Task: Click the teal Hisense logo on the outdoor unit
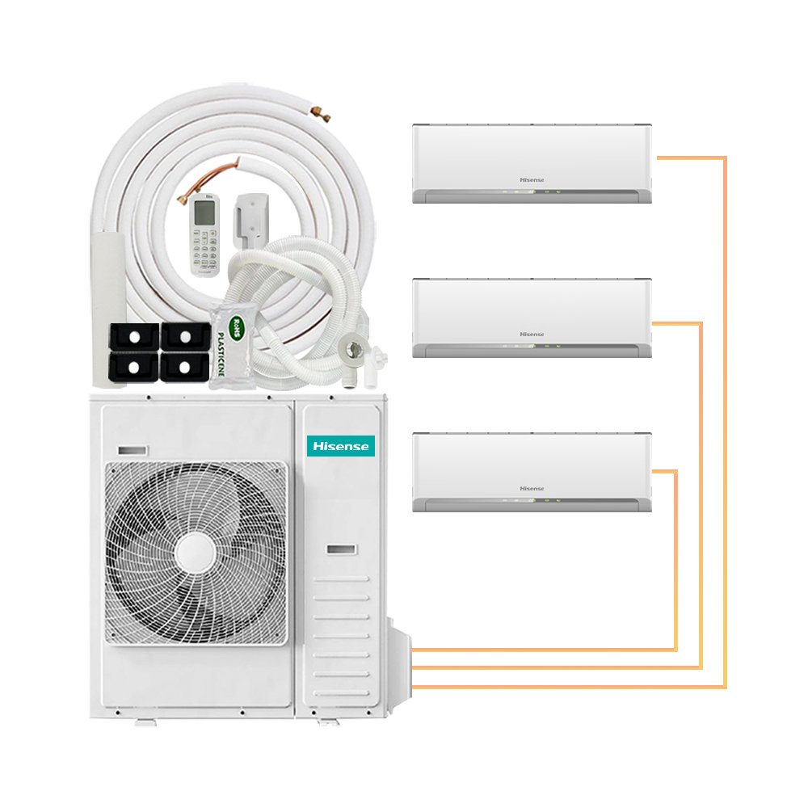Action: tap(339, 445)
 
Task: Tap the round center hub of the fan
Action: tap(196, 555)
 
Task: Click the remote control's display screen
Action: tap(206, 213)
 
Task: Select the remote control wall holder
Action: tap(246, 218)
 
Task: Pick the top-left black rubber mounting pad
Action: tap(136, 335)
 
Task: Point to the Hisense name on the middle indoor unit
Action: tap(532, 334)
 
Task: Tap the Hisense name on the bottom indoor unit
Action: tap(532, 488)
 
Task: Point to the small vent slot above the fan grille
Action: tap(133, 449)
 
